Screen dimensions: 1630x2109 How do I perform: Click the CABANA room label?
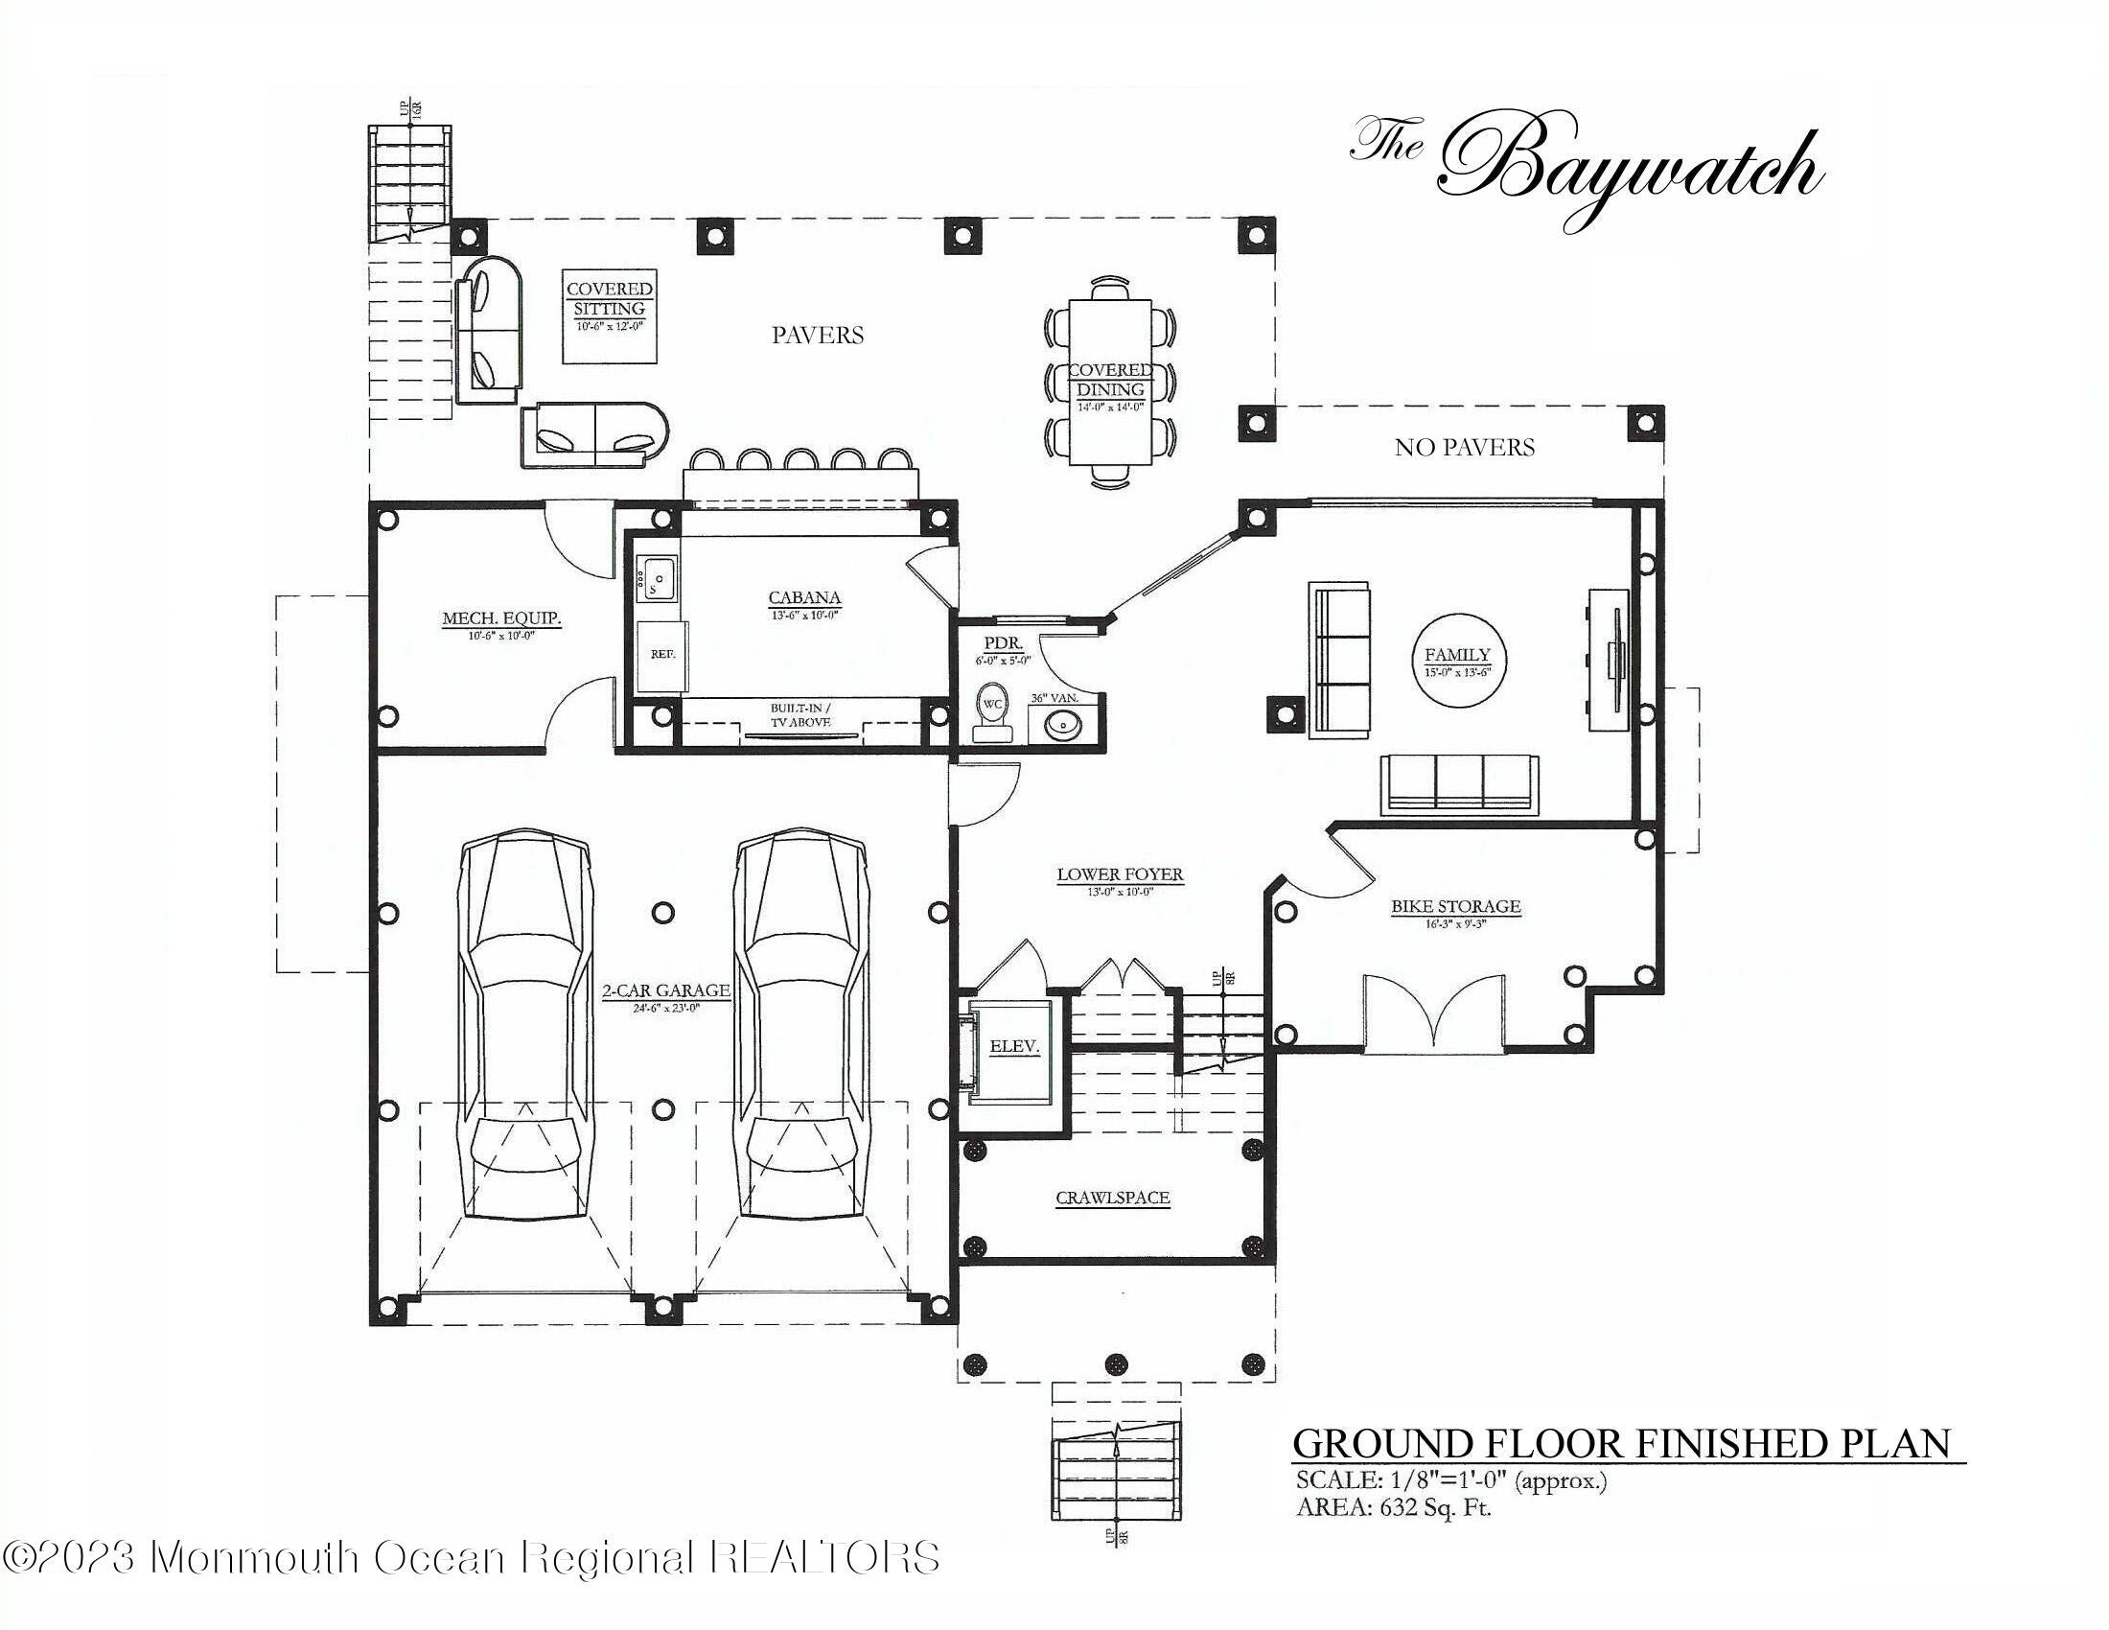804,598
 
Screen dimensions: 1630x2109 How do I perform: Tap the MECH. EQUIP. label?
501,619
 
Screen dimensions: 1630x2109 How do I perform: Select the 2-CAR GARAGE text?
665,990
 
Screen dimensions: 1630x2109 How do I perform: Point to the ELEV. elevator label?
1014,1046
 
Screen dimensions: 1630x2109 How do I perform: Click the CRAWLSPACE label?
1112,1198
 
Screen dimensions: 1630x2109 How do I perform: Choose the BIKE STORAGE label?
1455,907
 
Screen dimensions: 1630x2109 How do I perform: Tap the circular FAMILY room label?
1457,656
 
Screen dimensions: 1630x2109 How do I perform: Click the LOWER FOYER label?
1119,874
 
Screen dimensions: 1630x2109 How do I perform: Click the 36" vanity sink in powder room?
1063,723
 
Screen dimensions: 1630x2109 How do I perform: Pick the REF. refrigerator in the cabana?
662,655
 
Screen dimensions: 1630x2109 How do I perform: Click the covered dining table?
1110,383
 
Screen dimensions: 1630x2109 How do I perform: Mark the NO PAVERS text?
1464,447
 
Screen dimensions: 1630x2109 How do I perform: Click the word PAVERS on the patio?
817,335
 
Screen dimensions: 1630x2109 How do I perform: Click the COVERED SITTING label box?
610,315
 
